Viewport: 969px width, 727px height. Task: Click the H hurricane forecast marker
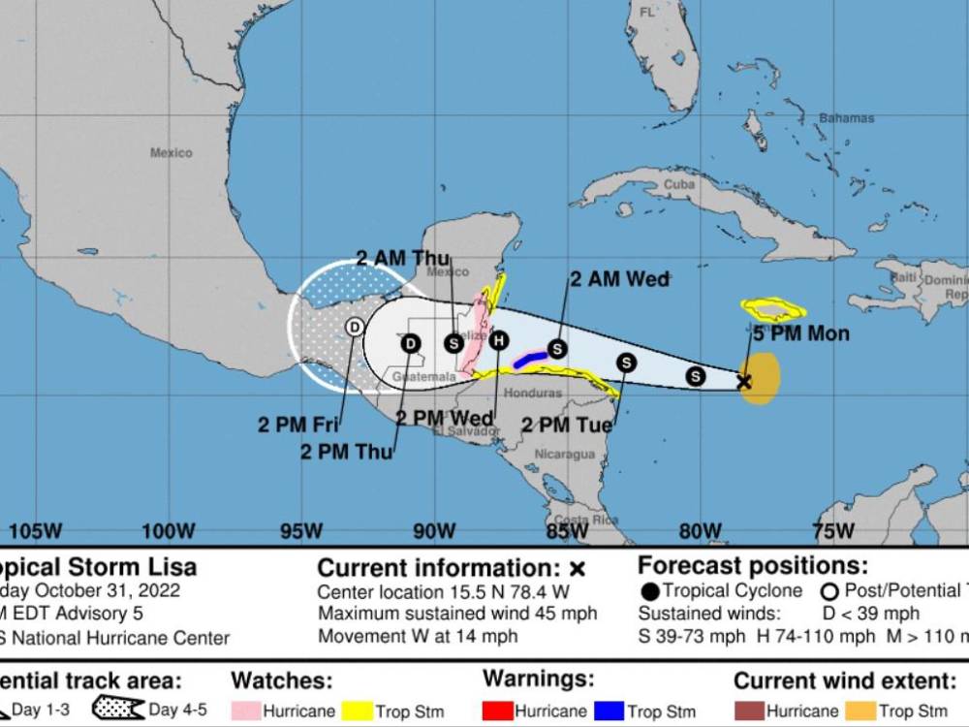pyautogui.click(x=499, y=340)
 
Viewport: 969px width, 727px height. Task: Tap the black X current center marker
pyautogui.click(x=743, y=381)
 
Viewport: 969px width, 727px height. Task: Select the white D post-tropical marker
pyautogui.click(x=355, y=328)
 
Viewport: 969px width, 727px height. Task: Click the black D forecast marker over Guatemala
pyautogui.click(x=411, y=343)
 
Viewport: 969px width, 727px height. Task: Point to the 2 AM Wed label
pyautogui.click(x=619, y=279)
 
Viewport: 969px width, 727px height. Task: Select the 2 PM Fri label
pyautogui.click(x=297, y=425)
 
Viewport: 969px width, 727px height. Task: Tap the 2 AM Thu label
pyautogui.click(x=403, y=258)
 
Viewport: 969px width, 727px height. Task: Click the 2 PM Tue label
pyautogui.click(x=567, y=425)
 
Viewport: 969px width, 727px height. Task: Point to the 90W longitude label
pyautogui.click(x=433, y=531)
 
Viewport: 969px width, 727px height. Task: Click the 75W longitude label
pyautogui.click(x=832, y=531)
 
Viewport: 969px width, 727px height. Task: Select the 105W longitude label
pyautogui.click(x=36, y=531)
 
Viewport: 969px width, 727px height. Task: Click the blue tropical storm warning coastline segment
pyautogui.click(x=529, y=360)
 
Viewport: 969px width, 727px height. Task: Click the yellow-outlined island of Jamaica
pyautogui.click(x=772, y=310)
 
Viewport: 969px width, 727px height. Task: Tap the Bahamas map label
pyautogui.click(x=846, y=119)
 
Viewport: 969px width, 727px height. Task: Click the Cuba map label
pyautogui.click(x=679, y=184)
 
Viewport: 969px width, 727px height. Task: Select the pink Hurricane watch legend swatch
pyautogui.click(x=246, y=711)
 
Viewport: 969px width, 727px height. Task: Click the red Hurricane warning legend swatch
pyautogui.click(x=498, y=711)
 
